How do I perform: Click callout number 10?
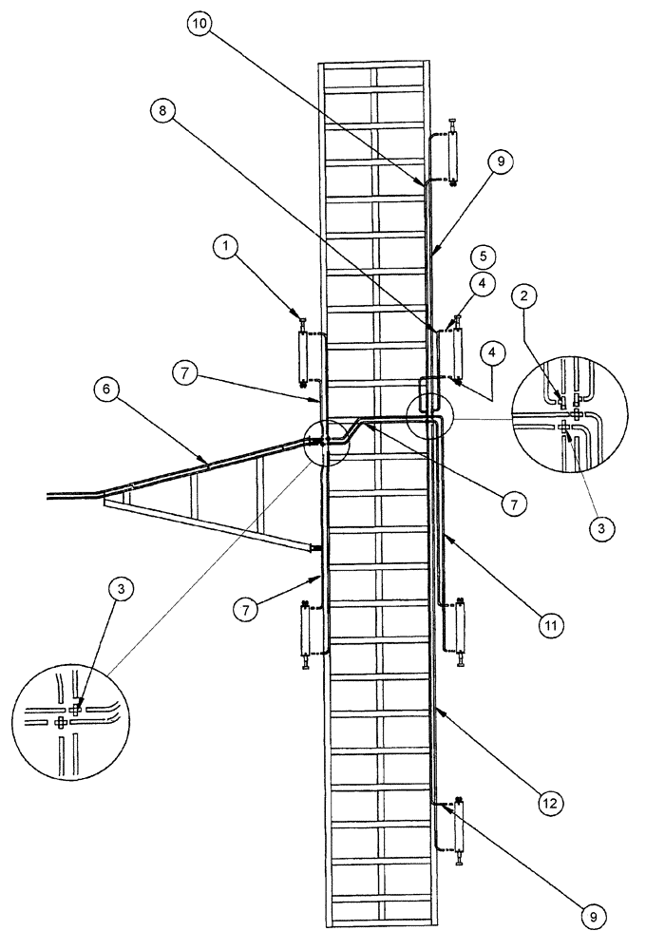point(199,25)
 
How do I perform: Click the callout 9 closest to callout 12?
point(592,919)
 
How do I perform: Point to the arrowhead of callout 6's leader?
point(207,463)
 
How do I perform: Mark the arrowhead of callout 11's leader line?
point(445,534)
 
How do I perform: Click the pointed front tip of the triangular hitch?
point(103,495)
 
